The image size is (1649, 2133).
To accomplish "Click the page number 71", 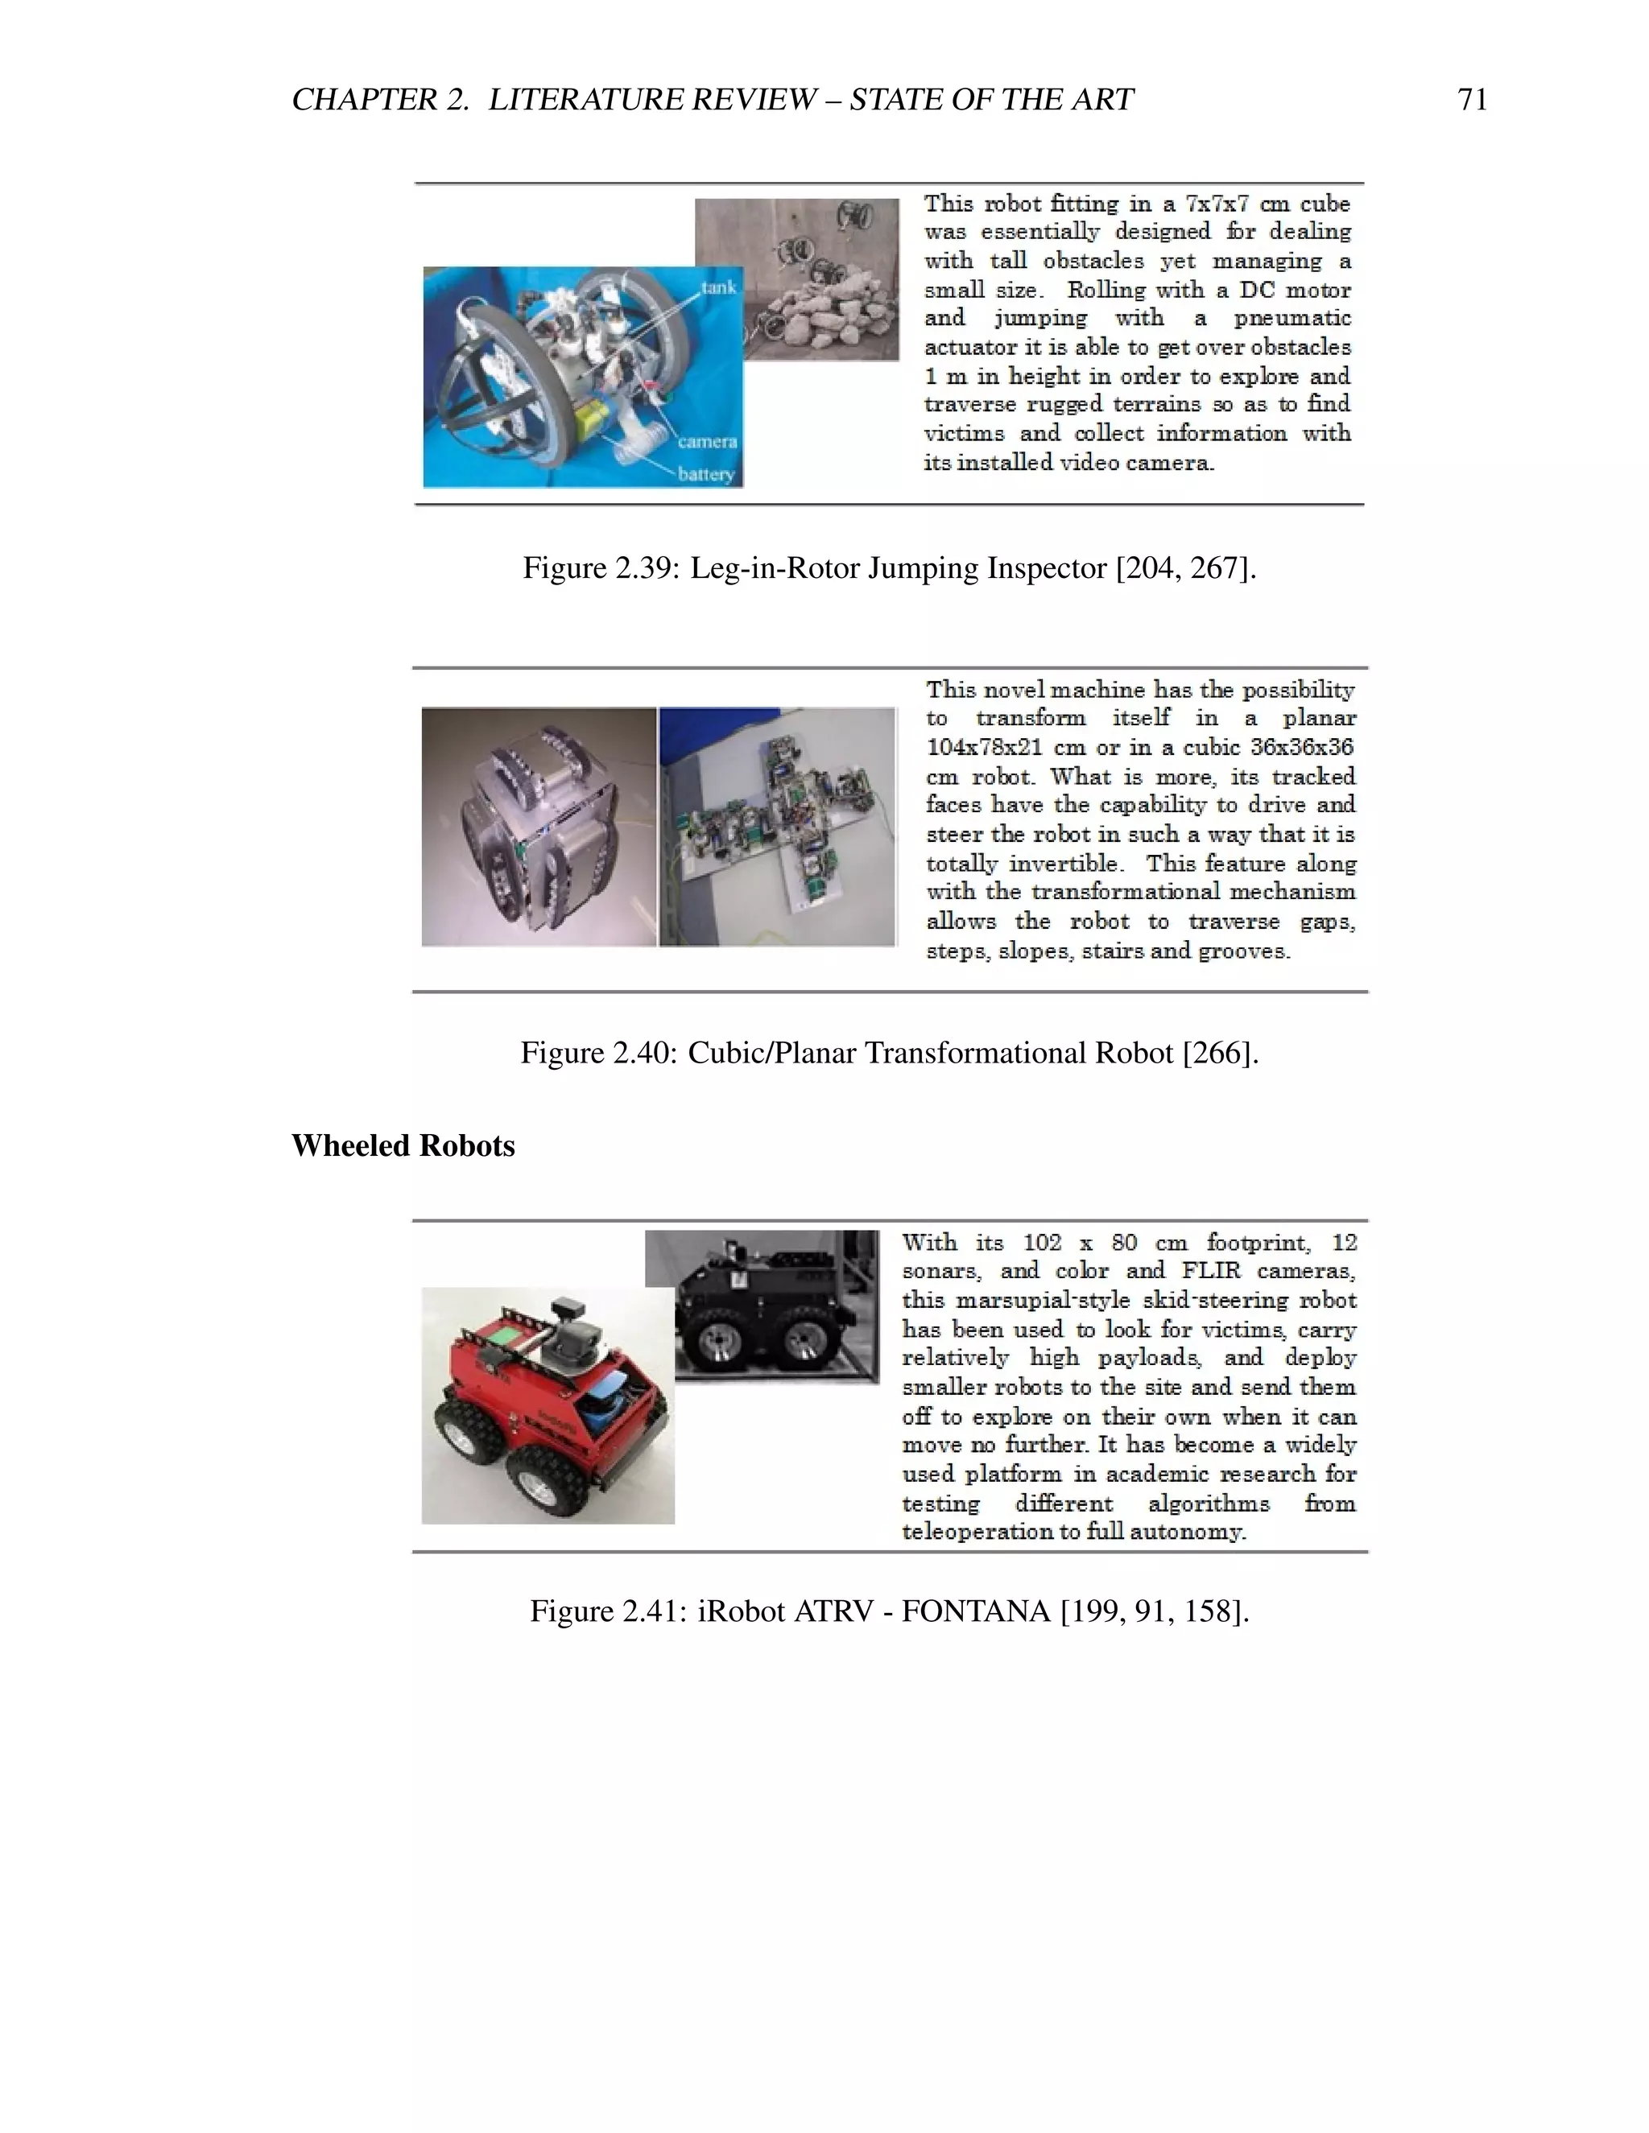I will (x=1471, y=100).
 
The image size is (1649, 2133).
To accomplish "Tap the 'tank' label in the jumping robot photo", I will (x=718, y=287).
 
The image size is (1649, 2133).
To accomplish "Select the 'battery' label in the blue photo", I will (x=706, y=475).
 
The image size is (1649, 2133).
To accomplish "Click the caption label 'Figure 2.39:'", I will (x=601, y=567).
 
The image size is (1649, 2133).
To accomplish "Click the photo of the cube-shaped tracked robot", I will (x=539, y=827).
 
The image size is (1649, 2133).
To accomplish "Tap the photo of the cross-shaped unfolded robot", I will (x=778, y=827).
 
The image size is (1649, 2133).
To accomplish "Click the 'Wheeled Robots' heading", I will (x=403, y=1145).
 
